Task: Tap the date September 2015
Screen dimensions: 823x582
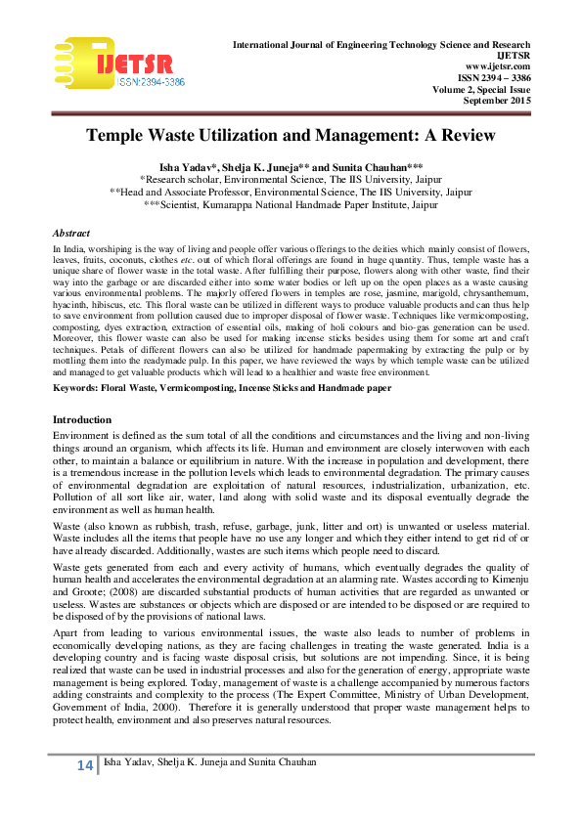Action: [x=497, y=102]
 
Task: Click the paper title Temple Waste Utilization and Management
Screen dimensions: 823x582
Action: [x=291, y=135]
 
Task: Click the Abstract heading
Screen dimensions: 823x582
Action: [x=70, y=234]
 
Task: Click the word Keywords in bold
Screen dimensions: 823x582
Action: [x=77, y=361]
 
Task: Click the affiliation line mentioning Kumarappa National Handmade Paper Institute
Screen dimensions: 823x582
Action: [x=291, y=206]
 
